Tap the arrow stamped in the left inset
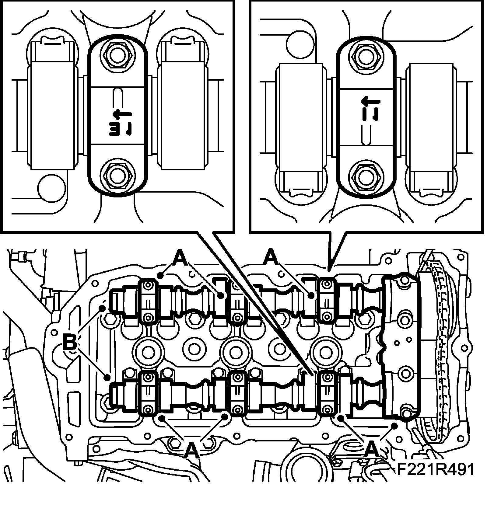[x=122, y=115]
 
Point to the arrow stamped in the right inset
[x=370, y=101]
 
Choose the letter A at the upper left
[x=180, y=258]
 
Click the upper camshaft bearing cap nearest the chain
[x=327, y=300]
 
